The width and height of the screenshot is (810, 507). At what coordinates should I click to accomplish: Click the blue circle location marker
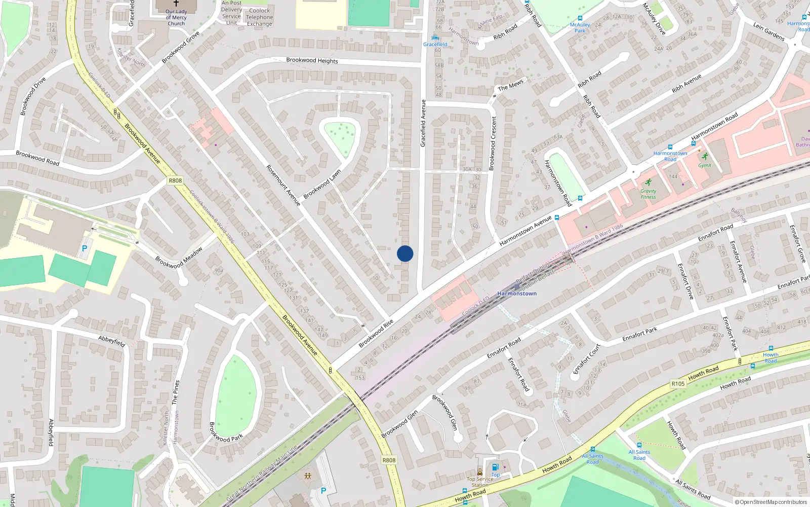click(405, 253)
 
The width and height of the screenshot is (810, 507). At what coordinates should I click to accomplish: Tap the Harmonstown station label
click(517, 294)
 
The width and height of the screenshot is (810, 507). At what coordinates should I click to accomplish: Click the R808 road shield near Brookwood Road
click(175, 180)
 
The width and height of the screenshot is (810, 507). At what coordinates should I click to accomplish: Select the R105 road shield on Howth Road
click(678, 384)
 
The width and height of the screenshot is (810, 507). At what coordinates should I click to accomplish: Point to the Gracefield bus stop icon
click(435, 38)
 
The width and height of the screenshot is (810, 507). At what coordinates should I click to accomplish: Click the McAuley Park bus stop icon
click(580, 18)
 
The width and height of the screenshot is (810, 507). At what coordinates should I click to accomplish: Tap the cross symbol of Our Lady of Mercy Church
click(176, 3)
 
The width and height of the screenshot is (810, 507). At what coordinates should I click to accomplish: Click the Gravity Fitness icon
click(648, 183)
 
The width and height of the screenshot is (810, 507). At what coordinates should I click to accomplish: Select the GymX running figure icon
click(705, 157)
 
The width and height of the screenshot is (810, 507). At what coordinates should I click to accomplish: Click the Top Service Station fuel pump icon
click(495, 467)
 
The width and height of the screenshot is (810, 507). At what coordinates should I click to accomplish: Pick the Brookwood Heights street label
click(312, 60)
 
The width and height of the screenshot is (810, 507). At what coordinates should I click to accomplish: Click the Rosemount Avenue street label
click(283, 186)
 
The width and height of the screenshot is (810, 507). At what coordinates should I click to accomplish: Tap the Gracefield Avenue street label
click(423, 123)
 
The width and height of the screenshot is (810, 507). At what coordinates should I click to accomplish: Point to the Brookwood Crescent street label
click(493, 143)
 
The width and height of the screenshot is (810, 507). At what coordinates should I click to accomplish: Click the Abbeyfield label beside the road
click(111, 341)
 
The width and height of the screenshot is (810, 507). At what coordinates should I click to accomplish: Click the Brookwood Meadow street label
click(179, 258)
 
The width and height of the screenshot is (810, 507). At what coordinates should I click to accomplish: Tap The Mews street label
click(510, 86)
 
